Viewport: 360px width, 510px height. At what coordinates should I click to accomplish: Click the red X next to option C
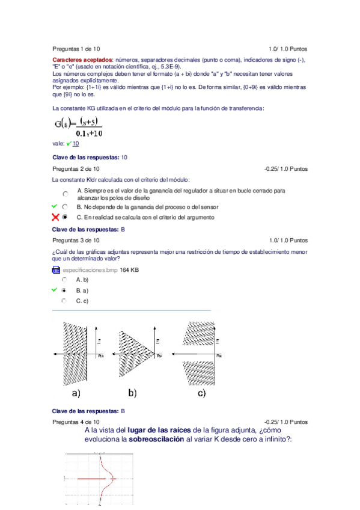tap(55, 217)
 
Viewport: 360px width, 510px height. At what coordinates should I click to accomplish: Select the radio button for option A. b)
tap(64, 280)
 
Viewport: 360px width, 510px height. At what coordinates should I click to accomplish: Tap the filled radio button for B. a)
tap(64, 290)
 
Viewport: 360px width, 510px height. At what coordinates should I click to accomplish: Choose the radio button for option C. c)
tap(64, 300)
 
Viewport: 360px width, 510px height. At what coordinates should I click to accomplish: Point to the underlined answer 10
tap(76, 144)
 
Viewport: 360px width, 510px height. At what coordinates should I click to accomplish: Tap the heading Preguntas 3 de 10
tap(76, 240)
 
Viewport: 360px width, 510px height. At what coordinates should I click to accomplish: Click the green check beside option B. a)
tap(55, 290)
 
